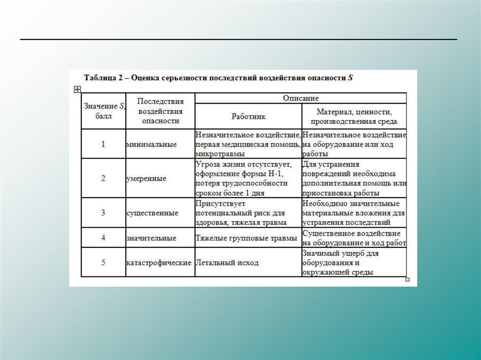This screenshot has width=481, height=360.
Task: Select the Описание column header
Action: pyautogui.click(x=301, y=98)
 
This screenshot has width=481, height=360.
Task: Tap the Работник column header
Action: pyautogui.click(x=248, y=116)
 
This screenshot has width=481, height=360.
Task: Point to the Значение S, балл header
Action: pyautogui.click(x=103, y=111)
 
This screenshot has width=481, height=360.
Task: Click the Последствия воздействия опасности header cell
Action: pyautogui.click(x=160, y=111)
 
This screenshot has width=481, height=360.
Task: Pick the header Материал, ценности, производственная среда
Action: pyautogui.click(x=354, y=116)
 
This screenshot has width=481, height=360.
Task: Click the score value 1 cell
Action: pyautogui.click(x=103, y=144)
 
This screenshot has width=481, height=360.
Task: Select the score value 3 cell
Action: pyautogui.click(x=103, y=213)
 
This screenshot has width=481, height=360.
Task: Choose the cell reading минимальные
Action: pyautogui.click(x=151, y=144)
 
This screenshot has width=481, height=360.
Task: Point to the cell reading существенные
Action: pyautogui.click(x=152, y=213)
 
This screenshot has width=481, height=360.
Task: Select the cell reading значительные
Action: pyautogui.click(x=151, y=238)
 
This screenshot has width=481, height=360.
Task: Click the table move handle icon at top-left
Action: pyautogui.click(x=78, y=89)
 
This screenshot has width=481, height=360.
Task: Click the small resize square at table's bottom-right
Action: pyautogui.click(x=407, y=280)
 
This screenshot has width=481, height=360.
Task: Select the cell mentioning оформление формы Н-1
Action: pyautogui.click(x=247, y=178)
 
